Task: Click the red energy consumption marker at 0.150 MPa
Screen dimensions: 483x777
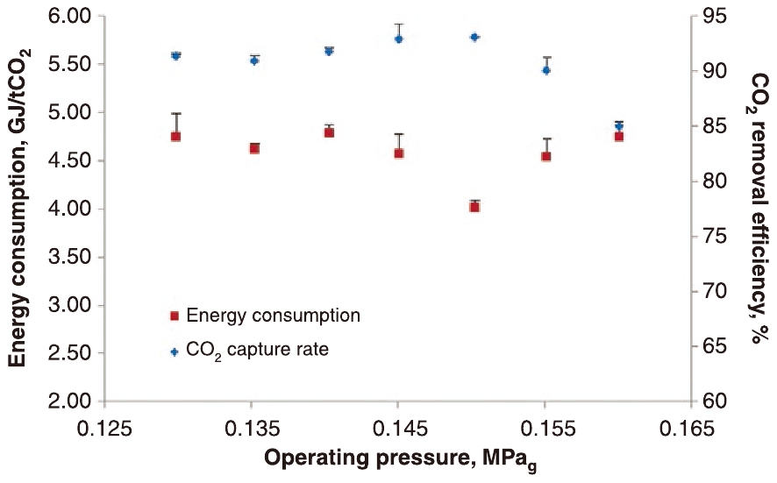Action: click(474, 207)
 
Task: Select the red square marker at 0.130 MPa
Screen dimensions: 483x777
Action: click(175, 136)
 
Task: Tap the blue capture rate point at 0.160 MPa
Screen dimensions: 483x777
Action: click(618, 126)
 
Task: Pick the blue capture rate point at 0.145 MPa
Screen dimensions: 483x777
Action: click(399, 39)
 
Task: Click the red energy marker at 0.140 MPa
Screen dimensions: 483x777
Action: click(329, 131)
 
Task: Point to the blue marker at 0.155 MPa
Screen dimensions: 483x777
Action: click(545, 70)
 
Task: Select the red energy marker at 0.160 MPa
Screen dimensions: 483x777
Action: click(618, 136)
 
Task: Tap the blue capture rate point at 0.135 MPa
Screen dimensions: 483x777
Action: click(253, 60)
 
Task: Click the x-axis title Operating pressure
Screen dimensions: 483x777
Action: click(400, 460)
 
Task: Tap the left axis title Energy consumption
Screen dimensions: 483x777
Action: click(18, 209)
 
